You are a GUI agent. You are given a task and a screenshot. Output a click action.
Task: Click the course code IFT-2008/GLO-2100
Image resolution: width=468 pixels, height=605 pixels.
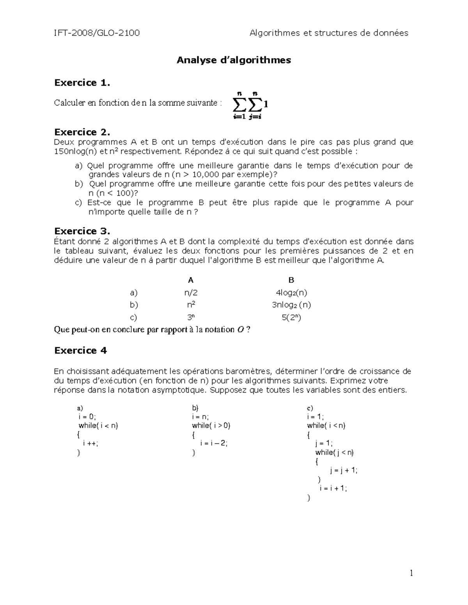point(97,33)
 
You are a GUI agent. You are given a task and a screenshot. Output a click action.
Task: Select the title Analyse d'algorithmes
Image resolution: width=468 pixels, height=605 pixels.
point(234,60)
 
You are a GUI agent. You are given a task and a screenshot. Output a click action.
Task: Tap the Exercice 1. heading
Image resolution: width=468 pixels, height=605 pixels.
point(82,83)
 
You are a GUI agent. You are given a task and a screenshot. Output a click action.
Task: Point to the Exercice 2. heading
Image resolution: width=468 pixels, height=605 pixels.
point(82,132)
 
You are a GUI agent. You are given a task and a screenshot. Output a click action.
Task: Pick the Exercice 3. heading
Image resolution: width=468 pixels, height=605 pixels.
point(82,231)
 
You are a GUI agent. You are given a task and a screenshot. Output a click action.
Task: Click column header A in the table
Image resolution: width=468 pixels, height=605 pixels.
point(191,280)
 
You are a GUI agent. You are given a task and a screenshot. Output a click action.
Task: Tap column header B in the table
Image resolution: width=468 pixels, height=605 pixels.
point(291,280)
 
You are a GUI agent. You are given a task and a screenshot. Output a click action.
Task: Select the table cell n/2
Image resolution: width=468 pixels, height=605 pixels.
point(191,293)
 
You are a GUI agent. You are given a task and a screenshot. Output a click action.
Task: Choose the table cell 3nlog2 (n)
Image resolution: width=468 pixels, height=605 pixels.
point(291,305)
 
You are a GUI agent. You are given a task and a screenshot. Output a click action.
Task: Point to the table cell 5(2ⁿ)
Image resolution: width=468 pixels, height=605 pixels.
point(291,317)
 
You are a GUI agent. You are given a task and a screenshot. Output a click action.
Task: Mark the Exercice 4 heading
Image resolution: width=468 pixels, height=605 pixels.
point(80,351)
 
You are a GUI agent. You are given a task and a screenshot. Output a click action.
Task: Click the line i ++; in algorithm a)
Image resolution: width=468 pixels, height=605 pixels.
point(90,443)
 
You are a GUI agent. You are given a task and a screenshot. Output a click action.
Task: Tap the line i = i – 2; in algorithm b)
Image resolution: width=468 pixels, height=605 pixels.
point(213,443)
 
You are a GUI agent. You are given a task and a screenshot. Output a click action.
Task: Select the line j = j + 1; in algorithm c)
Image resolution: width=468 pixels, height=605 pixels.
point(343,470)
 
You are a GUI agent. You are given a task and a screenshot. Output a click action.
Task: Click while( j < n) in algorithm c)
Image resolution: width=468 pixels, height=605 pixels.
point(335,452)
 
